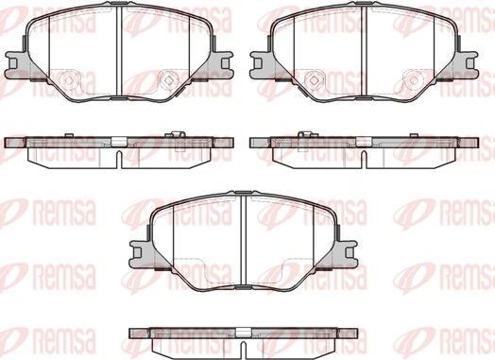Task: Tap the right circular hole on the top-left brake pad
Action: click(168, 79)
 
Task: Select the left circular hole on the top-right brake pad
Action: click(313, 79)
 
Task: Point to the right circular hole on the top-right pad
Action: click(415, 79)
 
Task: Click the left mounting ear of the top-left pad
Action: click(13, 62)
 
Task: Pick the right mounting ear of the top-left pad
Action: click(223, 62)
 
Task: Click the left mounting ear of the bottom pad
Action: click(138, 251)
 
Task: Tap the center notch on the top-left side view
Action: click(117, 144)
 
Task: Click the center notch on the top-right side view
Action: click(365, 144)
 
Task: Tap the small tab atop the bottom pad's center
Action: click(243, 195)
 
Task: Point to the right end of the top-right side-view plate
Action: click(475, 142)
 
